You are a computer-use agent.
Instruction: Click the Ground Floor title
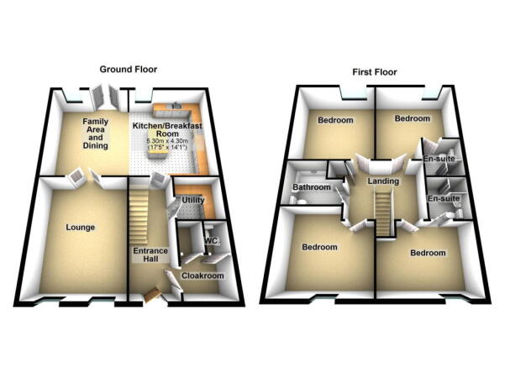coord(129,69)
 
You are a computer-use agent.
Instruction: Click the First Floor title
coord(374,71)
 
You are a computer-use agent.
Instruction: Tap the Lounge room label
coord(80,228)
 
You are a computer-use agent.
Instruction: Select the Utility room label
coord(193,200)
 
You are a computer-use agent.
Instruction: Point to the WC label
coord(211,241)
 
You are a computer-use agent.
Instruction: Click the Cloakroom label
coord(203,276)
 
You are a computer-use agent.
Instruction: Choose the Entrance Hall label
coord(150,254)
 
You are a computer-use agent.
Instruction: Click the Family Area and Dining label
coord(95,134)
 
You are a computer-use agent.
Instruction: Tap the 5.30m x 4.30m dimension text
coord(167,141)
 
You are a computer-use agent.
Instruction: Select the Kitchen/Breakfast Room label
coord(167,129)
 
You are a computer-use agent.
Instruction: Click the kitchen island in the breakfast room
coord(157,151)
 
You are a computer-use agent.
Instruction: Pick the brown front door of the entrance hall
coord(152,296)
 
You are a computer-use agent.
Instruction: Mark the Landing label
coord(383,181)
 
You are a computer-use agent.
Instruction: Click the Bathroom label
coord(312,187)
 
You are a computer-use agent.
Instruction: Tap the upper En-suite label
coord(439,159)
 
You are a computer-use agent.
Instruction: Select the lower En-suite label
coord(444,199)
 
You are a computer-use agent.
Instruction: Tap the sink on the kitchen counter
coord(176,106)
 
